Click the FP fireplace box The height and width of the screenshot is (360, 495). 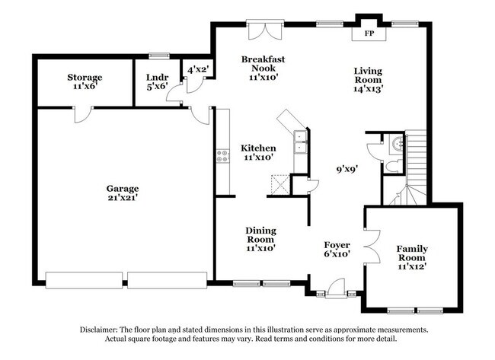[x=369, y=33]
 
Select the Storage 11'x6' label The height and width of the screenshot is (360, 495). [x=85, y=82]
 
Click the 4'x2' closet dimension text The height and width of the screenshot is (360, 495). [x=199, y=70]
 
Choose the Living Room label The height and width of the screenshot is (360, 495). [x=367, y=80]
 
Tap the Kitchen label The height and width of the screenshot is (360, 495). [x=259, y=152]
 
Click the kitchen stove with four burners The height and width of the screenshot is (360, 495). [x=223, y=156]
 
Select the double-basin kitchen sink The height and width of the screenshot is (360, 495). [x=301, y=142]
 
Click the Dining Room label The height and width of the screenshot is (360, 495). [x=260, y=239]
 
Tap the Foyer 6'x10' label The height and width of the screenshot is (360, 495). [x=337, y=250]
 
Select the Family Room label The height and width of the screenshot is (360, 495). [x=411, y=257]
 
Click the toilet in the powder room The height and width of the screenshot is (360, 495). [x=392, y=166]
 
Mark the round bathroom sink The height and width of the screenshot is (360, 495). [x=396, y=141]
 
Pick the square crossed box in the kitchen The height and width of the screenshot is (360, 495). [x=277, y=183]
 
